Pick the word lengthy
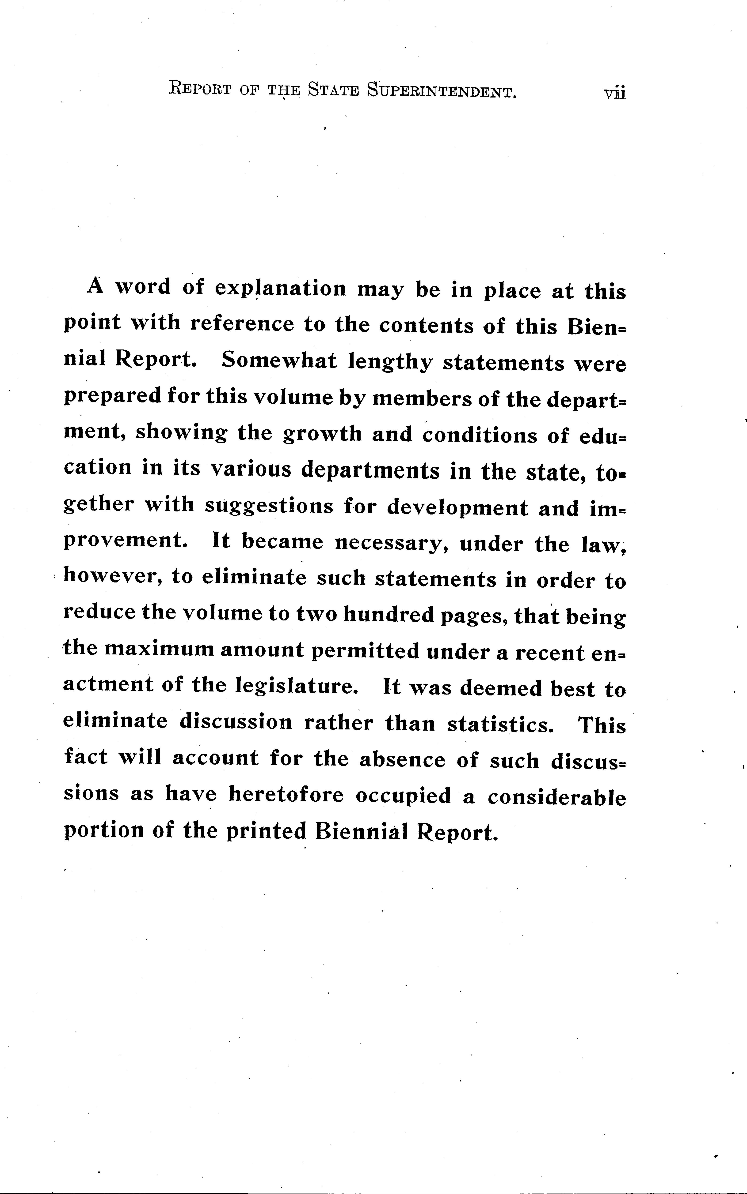pyautogui.click(x=389, y=362)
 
